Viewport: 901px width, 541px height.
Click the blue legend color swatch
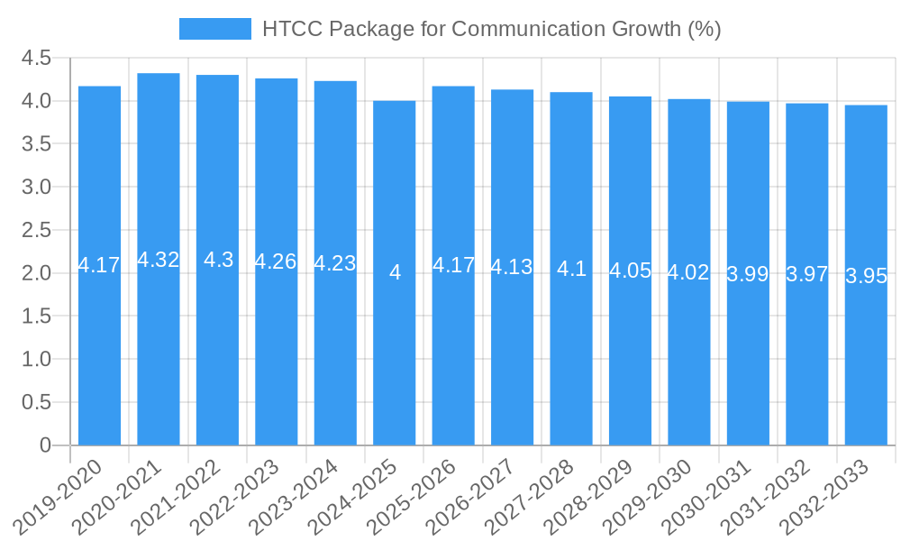coord(215,29)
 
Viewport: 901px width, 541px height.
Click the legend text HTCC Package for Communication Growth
coord(491,29)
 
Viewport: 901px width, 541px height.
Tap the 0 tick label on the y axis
coord(46,445)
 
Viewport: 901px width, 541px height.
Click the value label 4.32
coord(159,260)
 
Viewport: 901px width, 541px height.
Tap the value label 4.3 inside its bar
coord(218,260)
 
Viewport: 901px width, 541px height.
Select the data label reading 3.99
coord(748,275)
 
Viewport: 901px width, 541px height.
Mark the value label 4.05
coord(630,270)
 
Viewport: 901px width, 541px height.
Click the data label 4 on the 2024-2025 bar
coord(395,272)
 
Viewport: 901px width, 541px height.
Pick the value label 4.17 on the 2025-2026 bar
coord(453,265)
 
